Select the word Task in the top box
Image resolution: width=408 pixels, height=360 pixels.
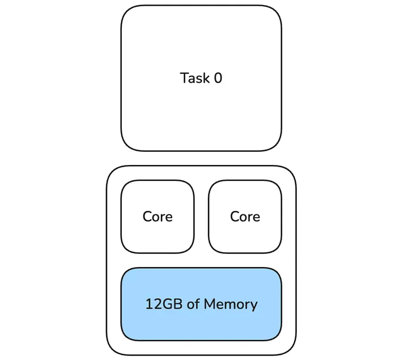[194, 78]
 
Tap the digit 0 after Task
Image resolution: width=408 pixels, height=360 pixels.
[218, 78]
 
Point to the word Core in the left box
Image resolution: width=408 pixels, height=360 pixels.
[158, 217]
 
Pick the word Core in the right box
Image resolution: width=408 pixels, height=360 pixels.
[245, 217]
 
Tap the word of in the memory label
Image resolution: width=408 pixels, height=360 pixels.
[193, 304]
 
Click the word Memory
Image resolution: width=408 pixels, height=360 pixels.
[230, 304]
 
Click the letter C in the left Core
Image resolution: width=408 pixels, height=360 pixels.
[147, 217]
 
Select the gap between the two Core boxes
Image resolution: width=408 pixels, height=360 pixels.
[201, 217]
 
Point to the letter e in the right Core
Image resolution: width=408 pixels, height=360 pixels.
[256, 217]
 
